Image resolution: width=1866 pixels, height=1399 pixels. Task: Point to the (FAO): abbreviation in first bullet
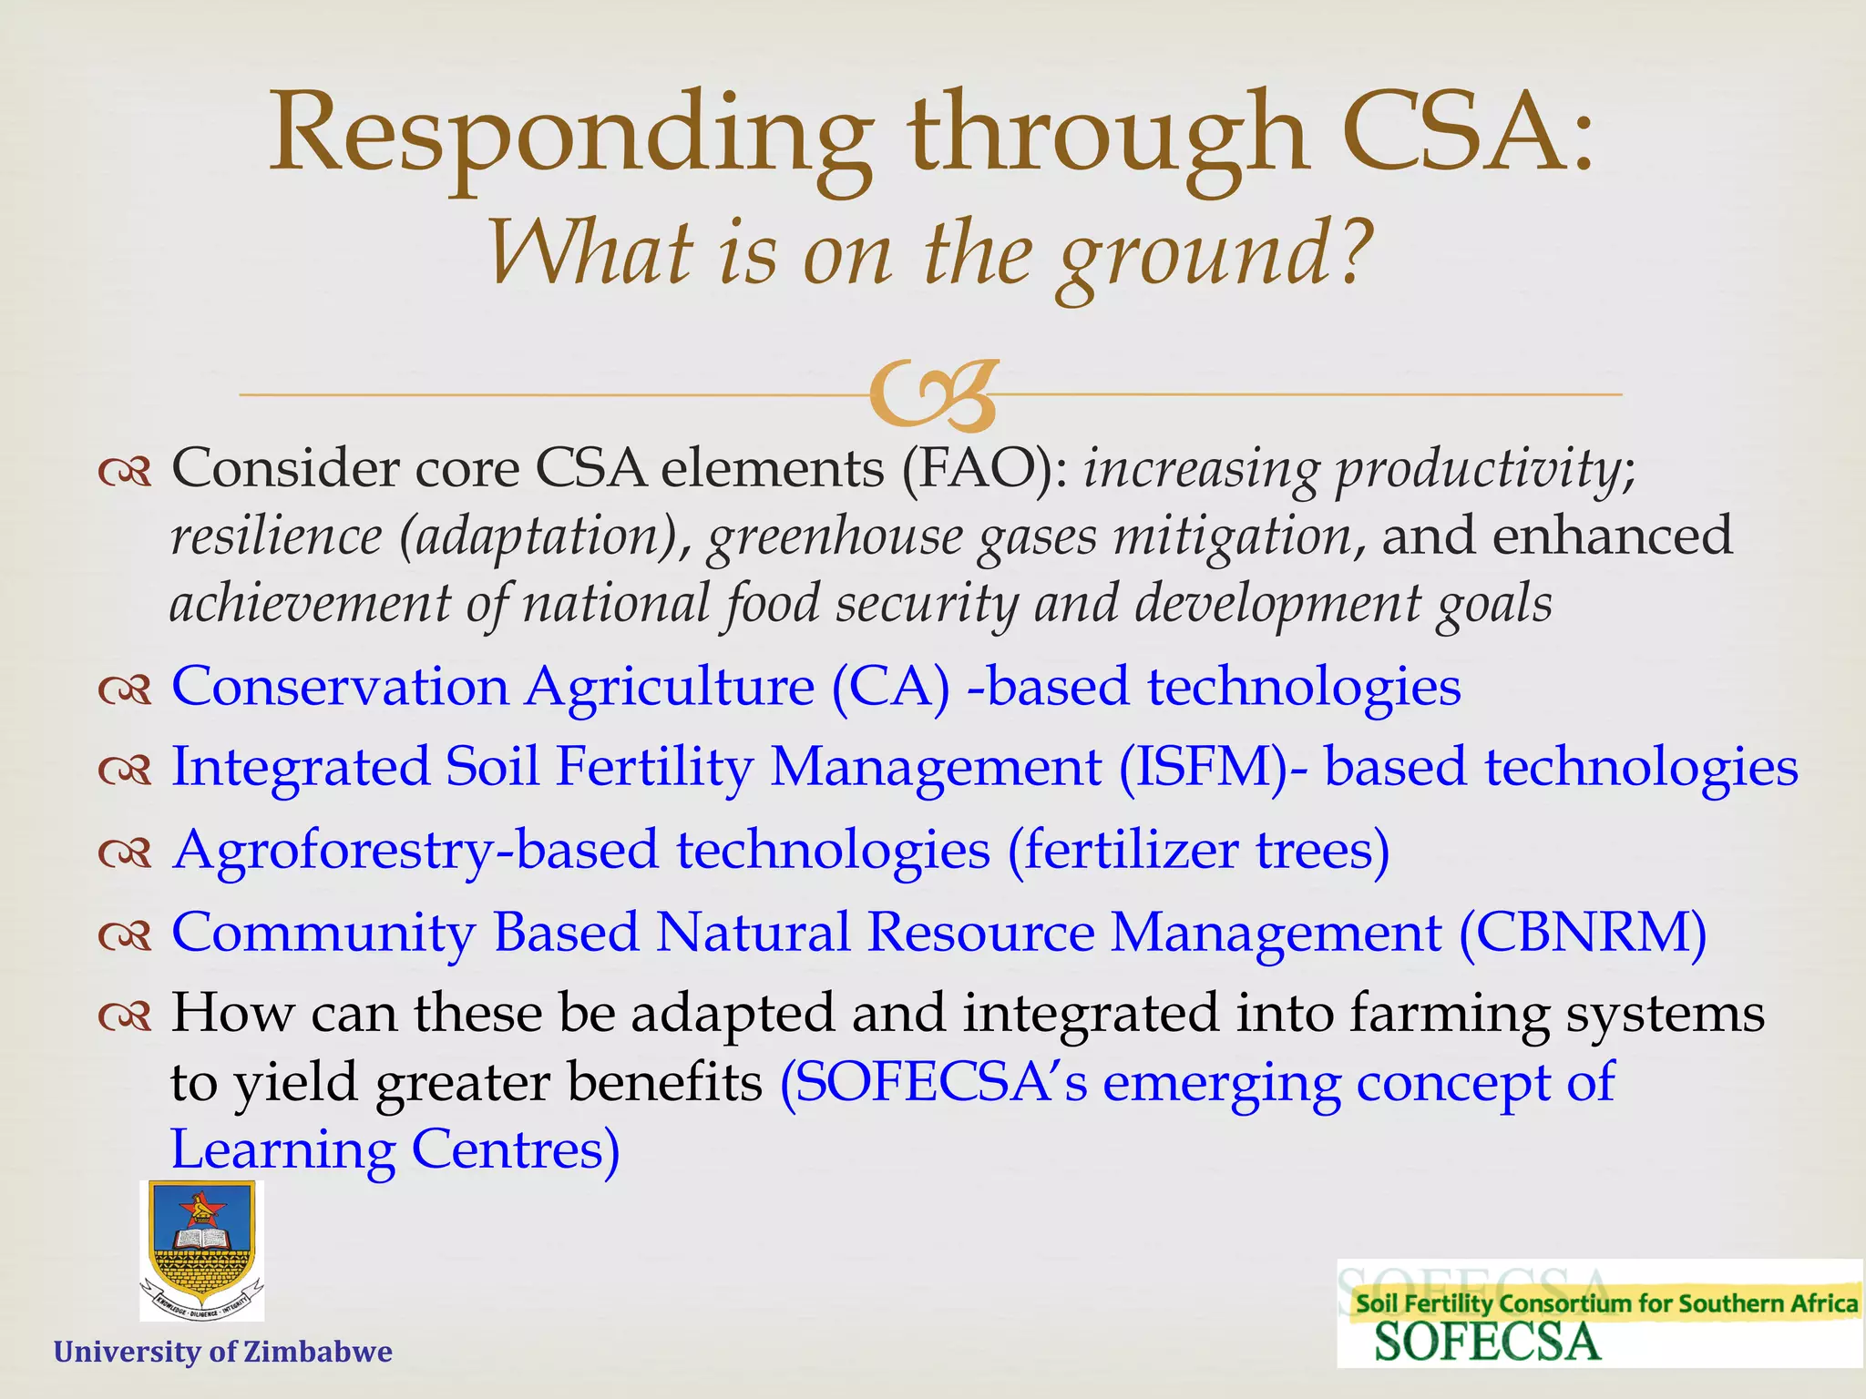tap(986, 469)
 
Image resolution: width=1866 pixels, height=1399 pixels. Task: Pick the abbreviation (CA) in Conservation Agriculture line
tap(890, 687)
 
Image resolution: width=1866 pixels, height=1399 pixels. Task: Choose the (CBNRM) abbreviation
tap(1583, 933)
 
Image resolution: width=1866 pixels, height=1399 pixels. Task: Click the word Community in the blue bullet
tap(323, 933)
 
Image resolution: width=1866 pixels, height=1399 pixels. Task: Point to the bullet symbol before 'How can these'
tap(125, 1016)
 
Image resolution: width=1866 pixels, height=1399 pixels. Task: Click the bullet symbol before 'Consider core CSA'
tap(125, 473)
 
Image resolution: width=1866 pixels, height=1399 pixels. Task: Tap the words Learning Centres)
tap(395, 1149)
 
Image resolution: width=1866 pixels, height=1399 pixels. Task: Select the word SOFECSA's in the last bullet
tap(934, 1082)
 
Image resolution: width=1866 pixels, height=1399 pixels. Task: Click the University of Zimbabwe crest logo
tap(201, 1251)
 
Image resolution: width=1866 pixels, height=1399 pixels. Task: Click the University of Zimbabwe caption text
tap(223, 1351)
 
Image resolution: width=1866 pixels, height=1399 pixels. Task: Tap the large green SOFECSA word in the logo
tap(1486, 1343)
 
